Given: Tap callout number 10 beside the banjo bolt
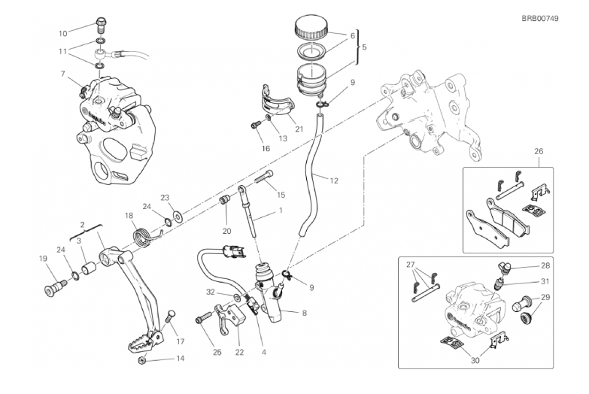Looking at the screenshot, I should (62, 33).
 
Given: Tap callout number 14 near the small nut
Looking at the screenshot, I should (179, 359).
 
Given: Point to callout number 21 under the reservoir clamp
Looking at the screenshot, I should (299, 129).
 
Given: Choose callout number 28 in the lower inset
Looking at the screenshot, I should (545, 266).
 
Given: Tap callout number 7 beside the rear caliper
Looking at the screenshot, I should (64, 74).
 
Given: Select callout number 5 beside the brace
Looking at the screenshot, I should (365, 47).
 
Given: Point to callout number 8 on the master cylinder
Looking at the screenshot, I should (304, 313).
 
